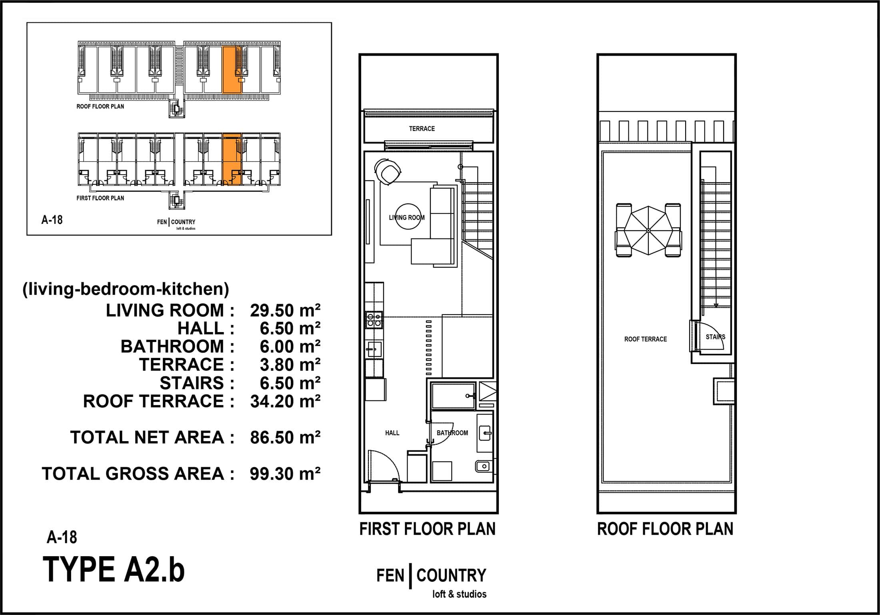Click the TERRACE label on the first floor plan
pyautogui.click(x=422, y=129)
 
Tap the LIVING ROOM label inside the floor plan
pyautogui.click(x=407, y=217)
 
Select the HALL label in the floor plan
pyautogui.click(x=392, y=433)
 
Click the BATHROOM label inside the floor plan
pyautogui.click(x=452, y=433)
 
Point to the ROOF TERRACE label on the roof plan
pyautogui.click(x=645, y=339)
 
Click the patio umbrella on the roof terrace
pyautogui.click(x=648, y=231)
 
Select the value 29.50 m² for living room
pyautogui.click(x=285, y=310)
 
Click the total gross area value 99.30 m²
pyautogui.click(x=285, y=474)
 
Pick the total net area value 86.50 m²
pyautogui.click(x=285, y=438)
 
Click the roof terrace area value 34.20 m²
pyautogui.click(x=285, y=401)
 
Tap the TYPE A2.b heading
pyautogui.click(x=114, y=569)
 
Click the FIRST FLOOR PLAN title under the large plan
pyautogui.click(x=427, y=529)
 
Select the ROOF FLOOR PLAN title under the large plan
pyautogui.click(x=665, y=529)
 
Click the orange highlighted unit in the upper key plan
pyautogui.click(x=232, y=70)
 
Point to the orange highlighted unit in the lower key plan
pyautogui.click(x=232, y=159)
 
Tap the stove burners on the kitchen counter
pyautogui.click(x=374, y=320)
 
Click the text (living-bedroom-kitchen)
pyautogui.click(x=126, y=289)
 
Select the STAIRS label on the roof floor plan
pyautogui.click(x=715, y=337)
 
